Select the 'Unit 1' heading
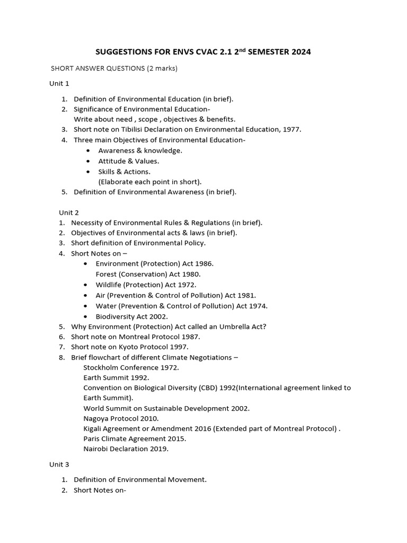(59, 83)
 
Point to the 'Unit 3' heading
(59, 464)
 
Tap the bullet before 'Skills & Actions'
(87, 172)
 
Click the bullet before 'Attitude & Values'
(87, 161)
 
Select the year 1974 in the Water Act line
(258, 306)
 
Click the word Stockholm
(103, 367)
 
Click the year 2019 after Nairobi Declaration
(158, 449)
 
